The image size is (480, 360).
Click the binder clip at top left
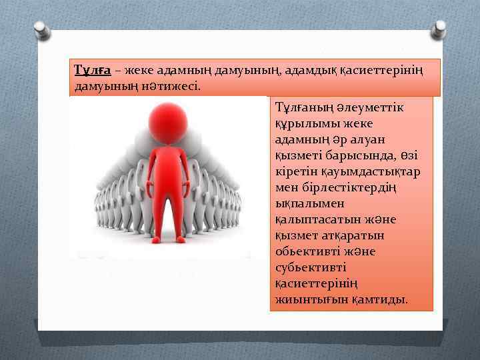click(40, 27)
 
